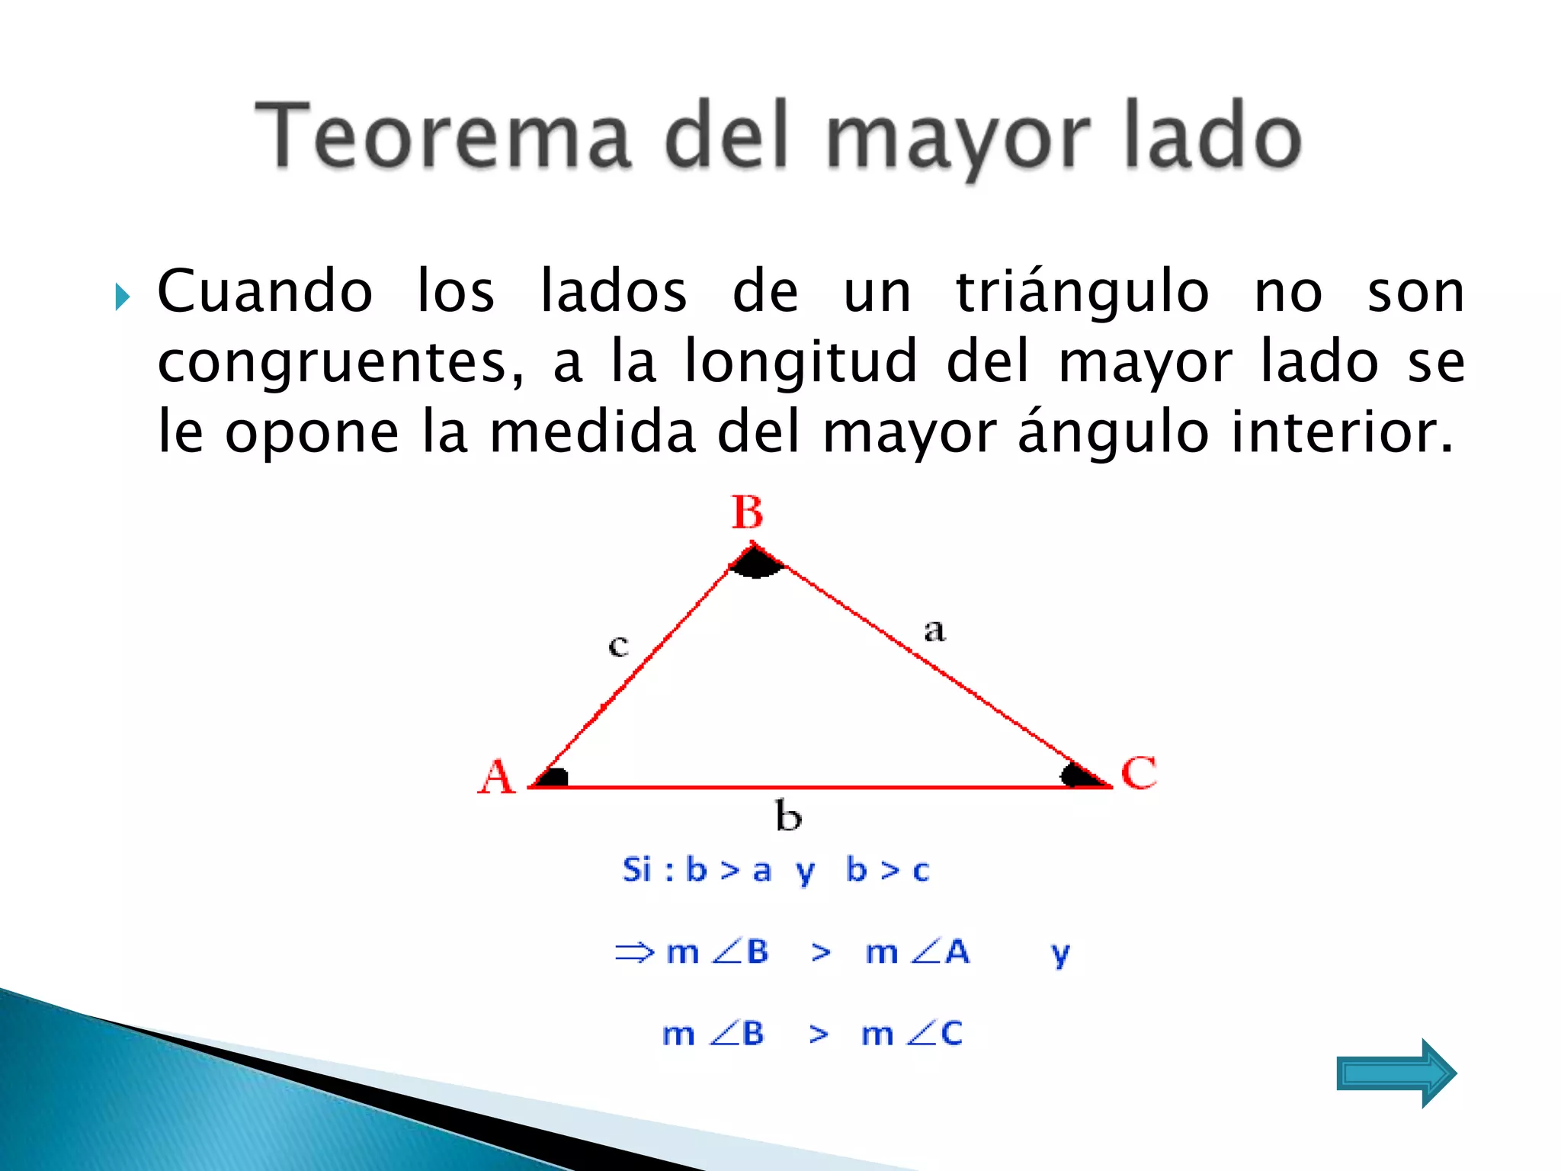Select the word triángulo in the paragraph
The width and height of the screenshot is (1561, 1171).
[x=1082, y=293]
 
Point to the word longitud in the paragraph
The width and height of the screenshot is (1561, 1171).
[x=800, y=361]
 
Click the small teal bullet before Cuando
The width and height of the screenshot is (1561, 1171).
[x=123, y=297]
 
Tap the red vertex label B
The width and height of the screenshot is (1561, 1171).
[x=747, y=512]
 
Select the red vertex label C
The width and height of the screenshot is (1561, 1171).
[x=1139, y=773]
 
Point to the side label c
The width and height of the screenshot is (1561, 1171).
[x=618, y=646]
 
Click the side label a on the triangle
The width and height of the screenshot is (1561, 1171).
[x=934, y=630]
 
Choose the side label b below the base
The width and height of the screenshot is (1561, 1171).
[x=788, y=816]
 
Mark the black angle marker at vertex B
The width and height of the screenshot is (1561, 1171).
[x=755, y=563]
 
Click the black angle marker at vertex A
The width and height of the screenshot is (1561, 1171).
[x=555, y=778]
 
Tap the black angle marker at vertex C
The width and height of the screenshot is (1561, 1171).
[x=1076, y=776]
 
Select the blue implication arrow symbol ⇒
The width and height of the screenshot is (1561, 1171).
[x=634, y=951]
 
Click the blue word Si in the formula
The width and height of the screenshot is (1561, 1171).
[x=637, y=870]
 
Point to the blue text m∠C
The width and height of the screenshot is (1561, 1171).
[x=912, y=1034]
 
